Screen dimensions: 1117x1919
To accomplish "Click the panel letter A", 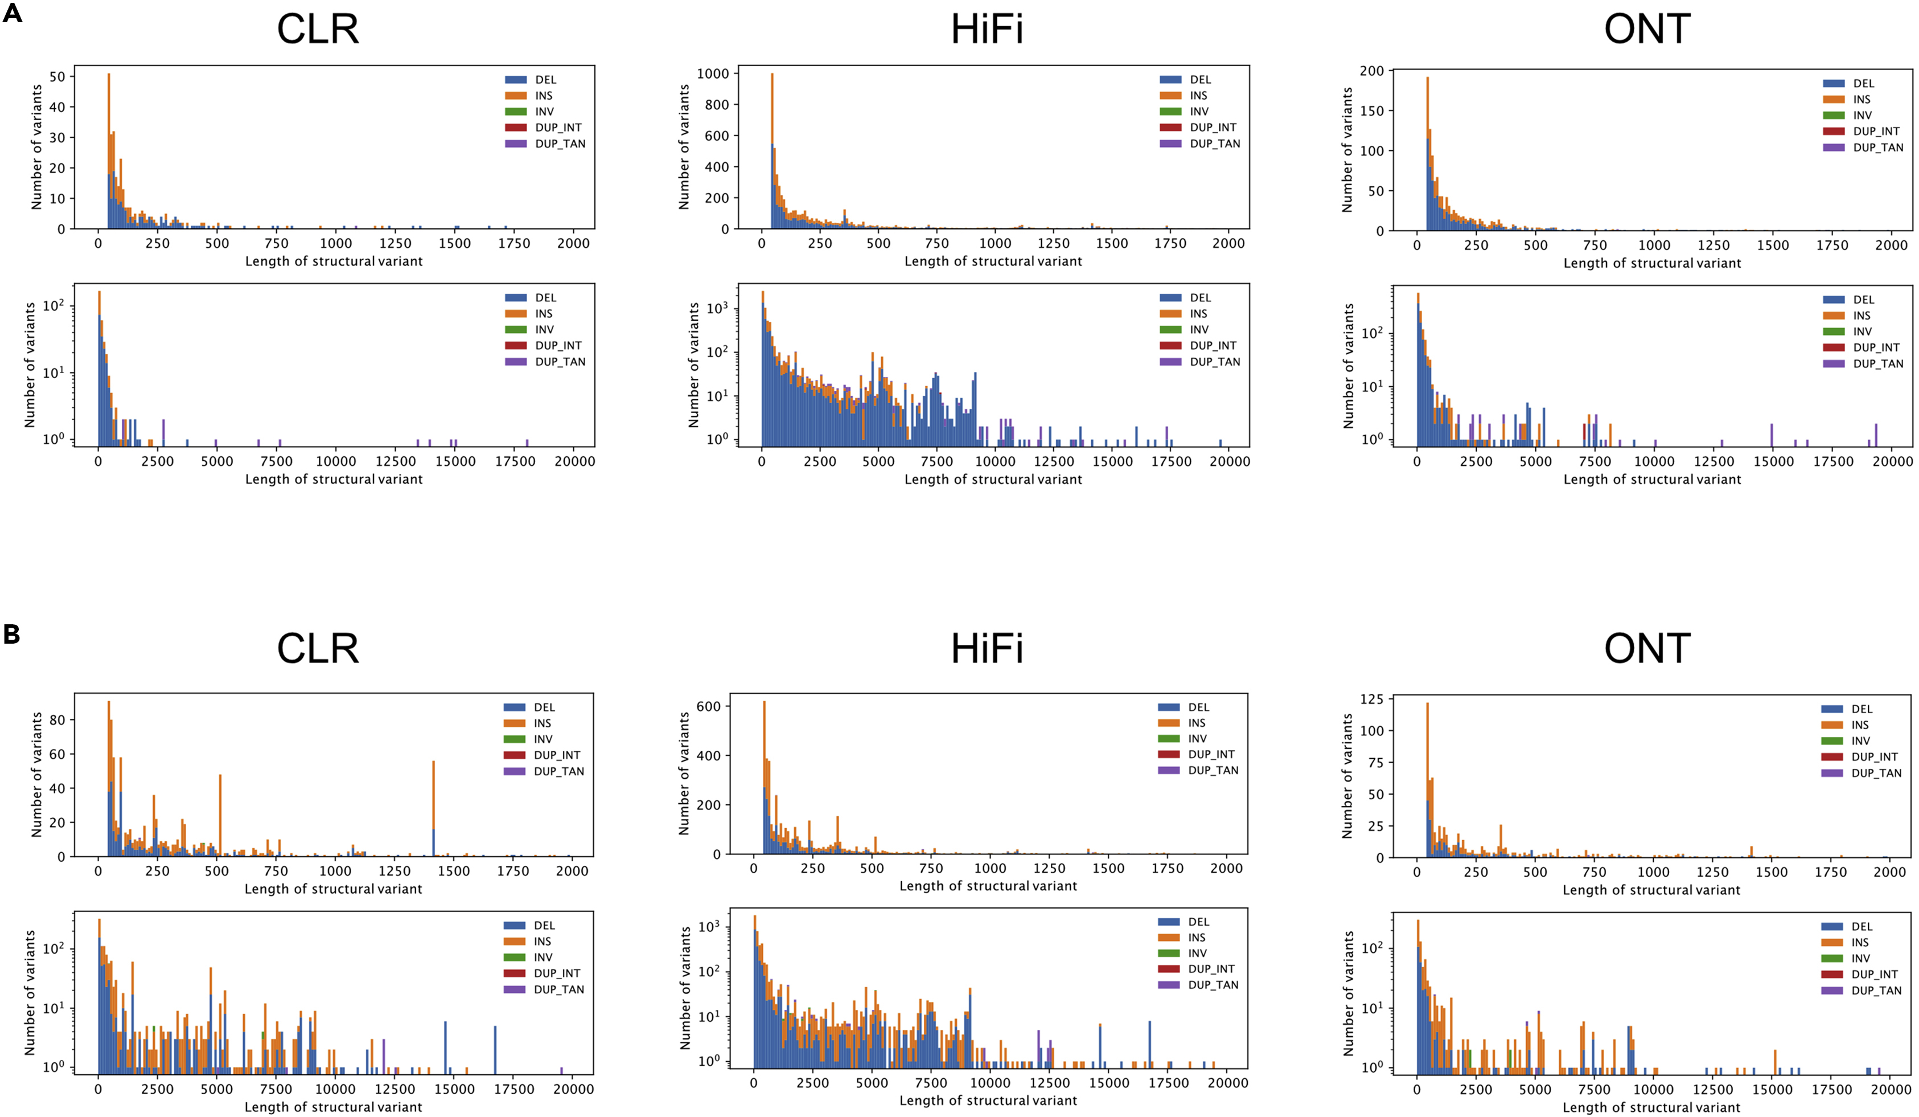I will (12, 13).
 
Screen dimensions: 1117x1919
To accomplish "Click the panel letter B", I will (11, 634).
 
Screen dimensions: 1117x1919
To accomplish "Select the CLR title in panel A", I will (318, 29).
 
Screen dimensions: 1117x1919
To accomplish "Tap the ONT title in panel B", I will (1647, 648).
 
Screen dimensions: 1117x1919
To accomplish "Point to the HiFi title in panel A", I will (987, 29).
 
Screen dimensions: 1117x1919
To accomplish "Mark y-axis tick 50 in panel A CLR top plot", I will (57, 77).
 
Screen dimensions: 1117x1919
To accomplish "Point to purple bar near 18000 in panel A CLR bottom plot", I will (527, 443).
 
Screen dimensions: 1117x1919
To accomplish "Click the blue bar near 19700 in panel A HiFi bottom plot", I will (1220, 443).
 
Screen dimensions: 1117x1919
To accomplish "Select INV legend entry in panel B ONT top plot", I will (1860, 740).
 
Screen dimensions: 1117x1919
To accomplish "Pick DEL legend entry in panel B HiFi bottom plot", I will (1198, 922).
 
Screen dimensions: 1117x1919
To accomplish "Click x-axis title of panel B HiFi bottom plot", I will (988, 1100).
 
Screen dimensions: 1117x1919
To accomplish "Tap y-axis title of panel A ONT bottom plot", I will (1349, 366).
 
